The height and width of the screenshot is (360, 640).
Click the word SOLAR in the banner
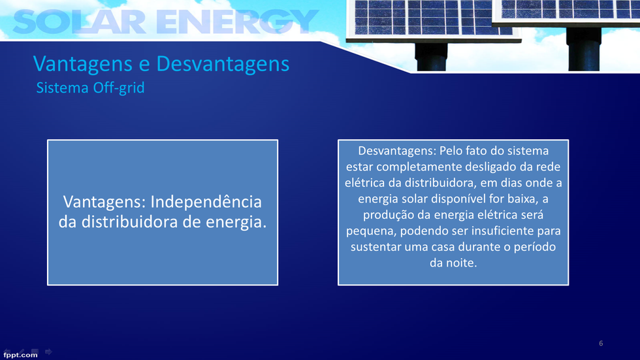click(x=79, y=22)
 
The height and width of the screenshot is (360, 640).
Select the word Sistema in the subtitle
click(x=63, y=88)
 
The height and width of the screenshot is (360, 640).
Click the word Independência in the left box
click(x=206, y=202)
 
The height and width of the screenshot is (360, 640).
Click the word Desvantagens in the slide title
click(x=223, y=64)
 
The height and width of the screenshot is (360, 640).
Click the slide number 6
click(x=601, y=343)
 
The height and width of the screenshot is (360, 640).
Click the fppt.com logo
click(x=20, y=355)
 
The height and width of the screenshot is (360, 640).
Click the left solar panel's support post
click(x=431, y=56)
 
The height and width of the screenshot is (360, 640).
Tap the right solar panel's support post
click(x=584, y=48)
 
